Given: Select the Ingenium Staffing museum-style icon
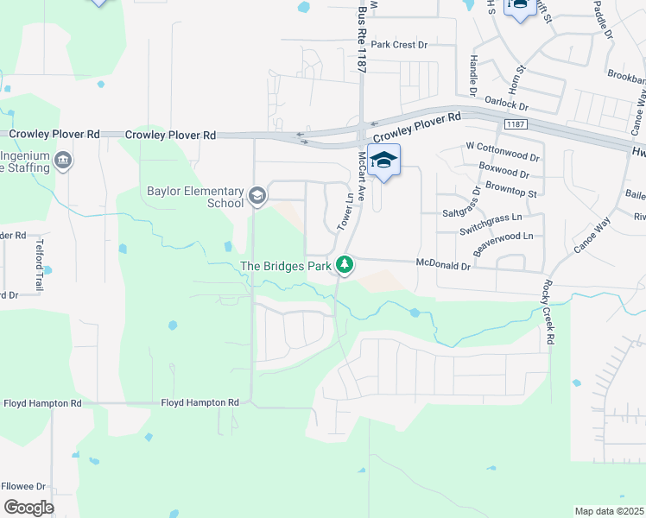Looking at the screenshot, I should point(62,161).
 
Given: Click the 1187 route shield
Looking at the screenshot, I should point(516,124).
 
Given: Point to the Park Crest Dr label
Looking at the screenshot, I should point(399,44).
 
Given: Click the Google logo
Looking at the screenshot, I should point(29,508).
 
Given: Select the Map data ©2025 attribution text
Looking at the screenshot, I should point(609,511).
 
